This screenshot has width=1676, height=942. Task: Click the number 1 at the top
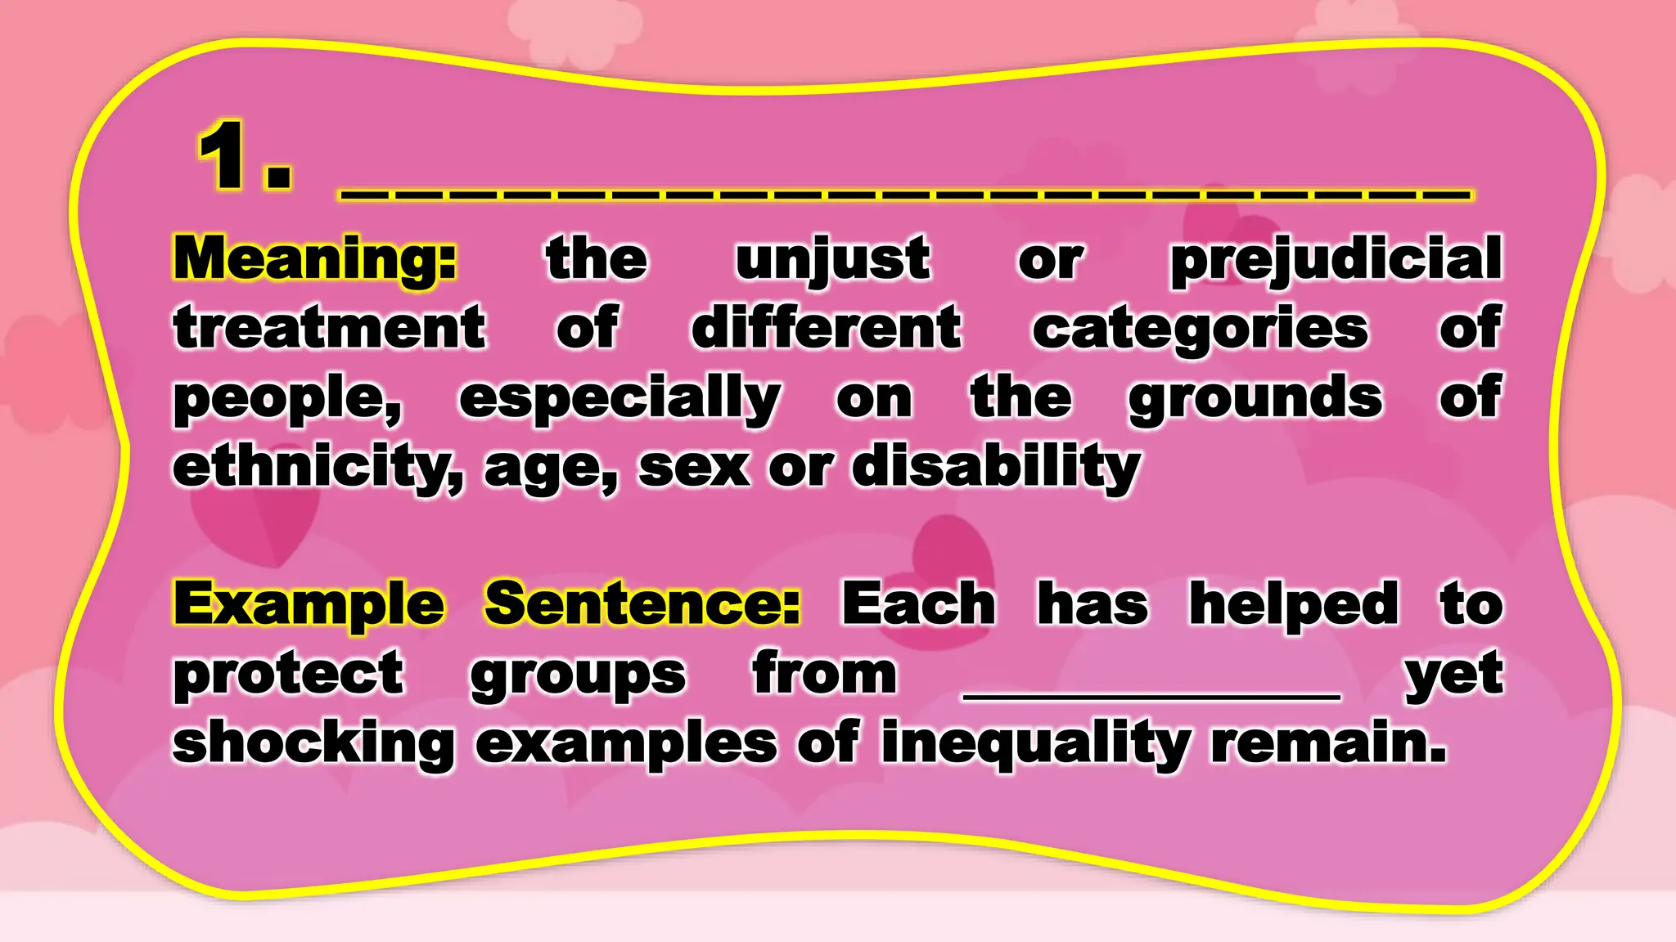223,155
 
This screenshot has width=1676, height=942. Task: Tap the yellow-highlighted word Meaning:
314,259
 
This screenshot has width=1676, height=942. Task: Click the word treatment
330,328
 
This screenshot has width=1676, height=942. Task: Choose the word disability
996,468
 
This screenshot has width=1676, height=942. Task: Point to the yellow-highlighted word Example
309,605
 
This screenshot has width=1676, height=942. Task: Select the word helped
1294,605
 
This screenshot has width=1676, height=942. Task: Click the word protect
289,675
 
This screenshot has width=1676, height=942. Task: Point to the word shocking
313,744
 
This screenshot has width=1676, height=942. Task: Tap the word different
827,328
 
